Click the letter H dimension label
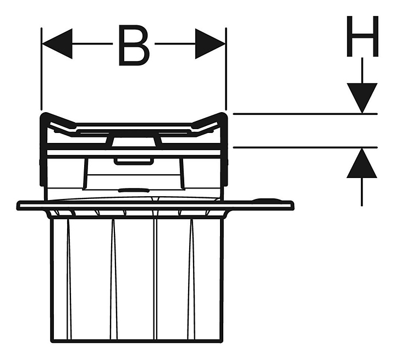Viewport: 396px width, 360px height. pos(362,37)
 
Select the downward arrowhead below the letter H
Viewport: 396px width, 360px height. pos(362,98)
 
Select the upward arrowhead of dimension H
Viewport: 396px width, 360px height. pos(362,164)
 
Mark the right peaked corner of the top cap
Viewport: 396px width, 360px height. pos(222,117)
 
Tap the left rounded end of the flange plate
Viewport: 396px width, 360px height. pos(20,206)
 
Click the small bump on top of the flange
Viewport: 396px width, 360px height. pos(266,201)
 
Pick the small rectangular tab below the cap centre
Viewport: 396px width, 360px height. pos(133,161)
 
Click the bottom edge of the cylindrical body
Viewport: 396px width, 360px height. pos(136,340)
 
